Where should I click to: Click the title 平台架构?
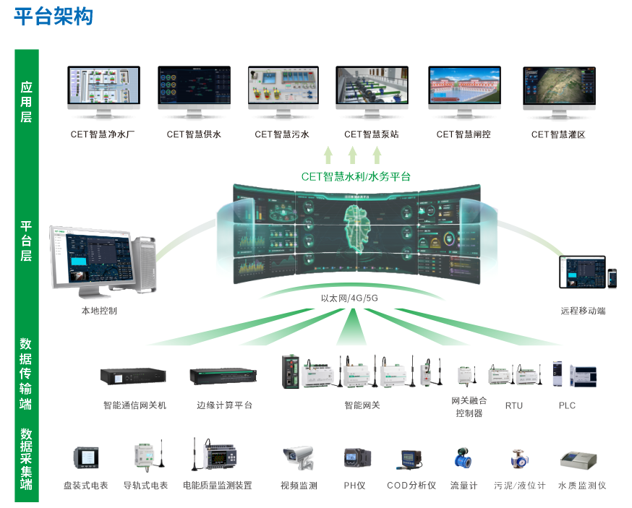[x=54, y=17]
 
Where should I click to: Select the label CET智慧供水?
[x=194, y=134]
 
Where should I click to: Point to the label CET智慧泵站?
[x=371, y=134]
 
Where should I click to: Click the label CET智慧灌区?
[x=558, y=134]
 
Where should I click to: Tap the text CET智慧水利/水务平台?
[x=352, y=176]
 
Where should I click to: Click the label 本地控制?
[x=99, y=311]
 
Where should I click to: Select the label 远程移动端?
[x=583, y=311]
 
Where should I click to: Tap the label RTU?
[x=514, y=405]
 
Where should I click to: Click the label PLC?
[x=567, y=405]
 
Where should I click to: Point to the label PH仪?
[x=356, y=486]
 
